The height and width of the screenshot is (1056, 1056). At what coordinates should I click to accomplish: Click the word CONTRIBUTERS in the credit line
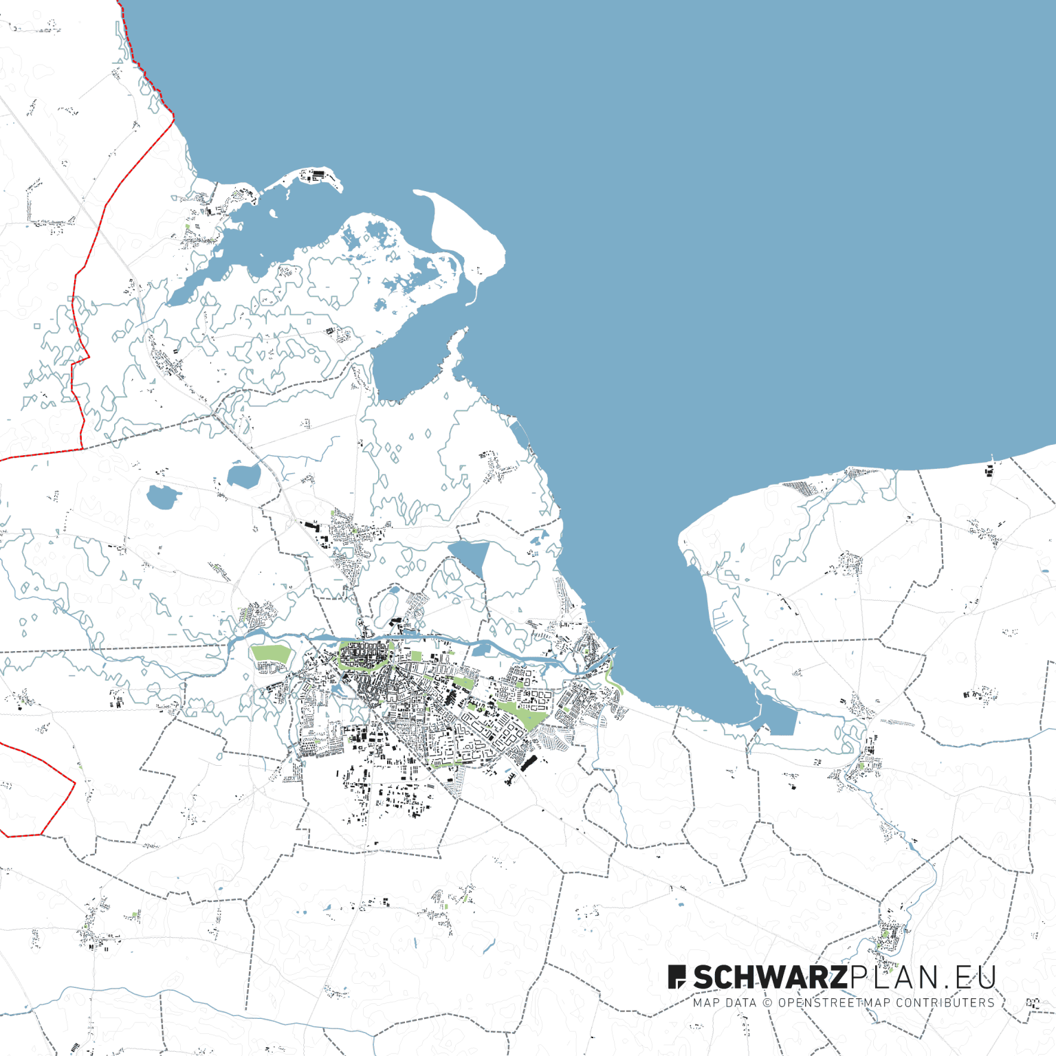pyautogui.click(x=945, y=1003)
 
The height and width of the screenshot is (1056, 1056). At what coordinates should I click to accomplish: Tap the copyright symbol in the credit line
pyautogui.click(x=769, y=1003)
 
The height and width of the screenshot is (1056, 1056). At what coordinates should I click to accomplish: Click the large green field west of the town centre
pyautogui.click(x=271, y=654)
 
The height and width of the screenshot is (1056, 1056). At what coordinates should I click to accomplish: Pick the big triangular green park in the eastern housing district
pyautogui.click(x=522, y=714)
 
